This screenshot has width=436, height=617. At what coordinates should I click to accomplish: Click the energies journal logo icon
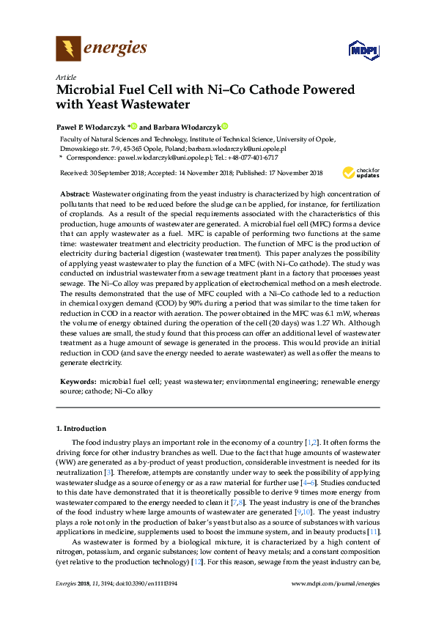(68, 49)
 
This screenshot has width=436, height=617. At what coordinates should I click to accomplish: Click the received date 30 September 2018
(124, 173)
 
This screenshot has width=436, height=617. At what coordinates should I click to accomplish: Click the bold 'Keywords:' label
(77, 382)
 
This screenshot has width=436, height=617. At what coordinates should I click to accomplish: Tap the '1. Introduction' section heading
(81, 428)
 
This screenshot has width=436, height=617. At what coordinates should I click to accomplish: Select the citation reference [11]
(374, 531)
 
